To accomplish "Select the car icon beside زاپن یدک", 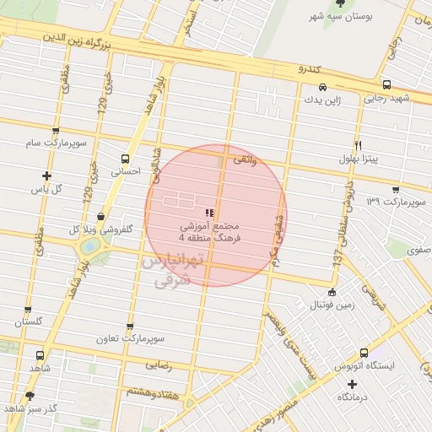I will tap(323, 87).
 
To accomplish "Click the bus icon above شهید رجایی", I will tap(386, 85).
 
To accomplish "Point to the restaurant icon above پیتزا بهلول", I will tap(359, 145).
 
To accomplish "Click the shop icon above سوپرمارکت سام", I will tap(56, 132).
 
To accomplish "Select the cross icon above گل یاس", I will tap(46, 175).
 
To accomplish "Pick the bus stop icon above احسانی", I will tap(125, 158).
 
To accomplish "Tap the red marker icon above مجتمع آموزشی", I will tap(209, 212).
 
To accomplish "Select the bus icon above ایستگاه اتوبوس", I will tap(364, 353).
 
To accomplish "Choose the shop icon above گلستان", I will tap(28, 310).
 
